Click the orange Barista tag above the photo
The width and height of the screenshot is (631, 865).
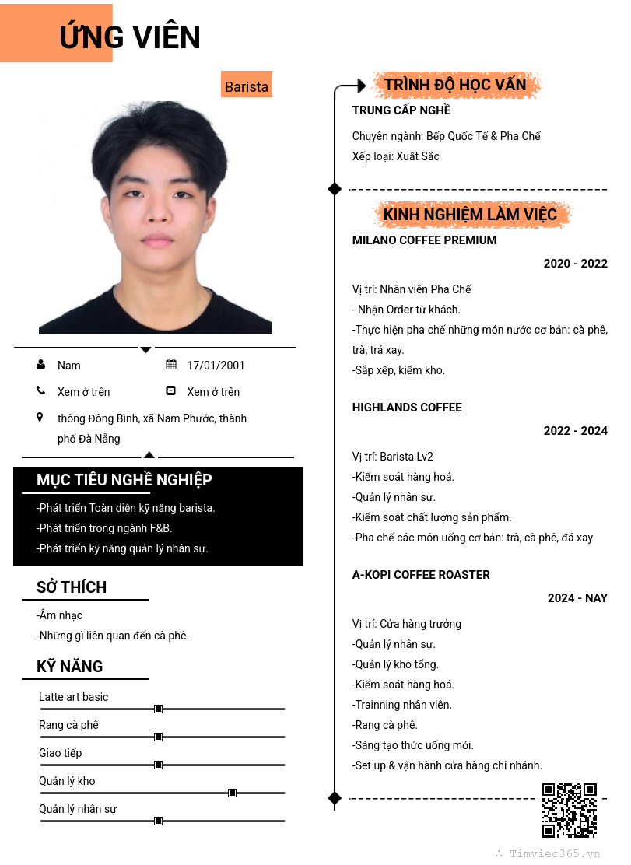point(247,86)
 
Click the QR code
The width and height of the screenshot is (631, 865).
point(569,810)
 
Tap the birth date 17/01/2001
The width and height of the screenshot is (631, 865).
point(216,366)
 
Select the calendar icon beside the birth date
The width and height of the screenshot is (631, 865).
point(171,365)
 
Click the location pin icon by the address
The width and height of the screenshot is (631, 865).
point(40,418)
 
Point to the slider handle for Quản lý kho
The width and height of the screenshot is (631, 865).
point(232,793)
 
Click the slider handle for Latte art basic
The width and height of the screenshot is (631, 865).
point(158,709)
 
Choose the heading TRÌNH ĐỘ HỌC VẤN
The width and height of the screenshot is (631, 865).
point(455,85)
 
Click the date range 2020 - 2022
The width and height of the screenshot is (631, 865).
point(575,264)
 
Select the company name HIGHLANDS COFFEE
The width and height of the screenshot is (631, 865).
point(407,408)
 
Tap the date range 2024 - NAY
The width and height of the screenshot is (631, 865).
point(577,598)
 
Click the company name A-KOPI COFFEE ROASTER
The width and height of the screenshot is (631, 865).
point(421,575)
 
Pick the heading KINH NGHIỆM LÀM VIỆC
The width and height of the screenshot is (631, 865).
point(470,215)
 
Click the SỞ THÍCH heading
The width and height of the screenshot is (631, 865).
point(72,587)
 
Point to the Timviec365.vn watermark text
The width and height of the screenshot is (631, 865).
point(555,853)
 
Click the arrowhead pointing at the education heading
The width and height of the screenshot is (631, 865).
point(361,86)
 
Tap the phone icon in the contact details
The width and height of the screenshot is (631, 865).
point(40,391)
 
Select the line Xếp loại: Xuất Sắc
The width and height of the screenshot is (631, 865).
point(396,156)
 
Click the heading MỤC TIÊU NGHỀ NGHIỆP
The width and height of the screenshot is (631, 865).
point(124,480)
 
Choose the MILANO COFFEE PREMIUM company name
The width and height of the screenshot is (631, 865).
point(424,240)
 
